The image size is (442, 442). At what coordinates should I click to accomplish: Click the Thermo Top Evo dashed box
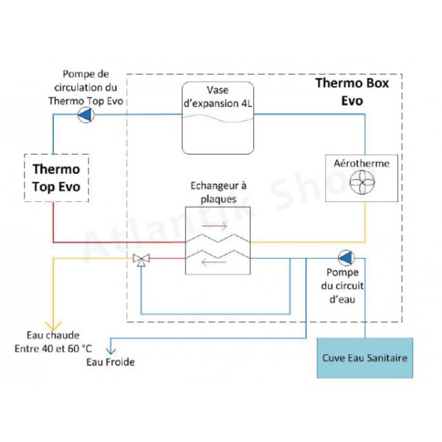pos(56,178)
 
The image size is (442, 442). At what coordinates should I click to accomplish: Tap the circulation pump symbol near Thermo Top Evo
pos(85,114)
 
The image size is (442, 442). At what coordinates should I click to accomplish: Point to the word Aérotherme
pos(362,161)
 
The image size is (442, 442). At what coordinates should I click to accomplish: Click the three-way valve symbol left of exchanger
pos(140,259)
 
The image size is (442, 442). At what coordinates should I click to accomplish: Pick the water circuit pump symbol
pos(345,258)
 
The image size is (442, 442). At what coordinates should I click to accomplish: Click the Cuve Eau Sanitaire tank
pos(364,359)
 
